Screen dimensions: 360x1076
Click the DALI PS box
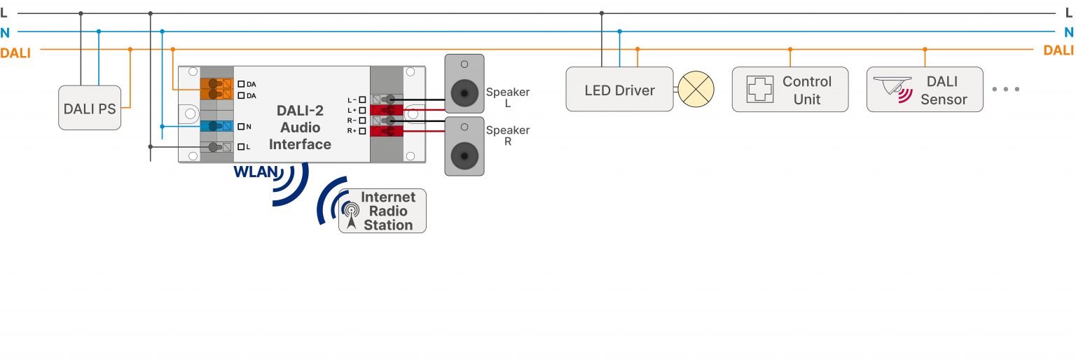pyautogui.click(x=90, y=108)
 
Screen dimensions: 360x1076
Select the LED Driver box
pyautogui.click(x=619, y=90)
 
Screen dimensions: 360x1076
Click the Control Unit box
pyautogui.click(x=789, y=90)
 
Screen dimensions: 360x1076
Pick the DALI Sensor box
pyautogui.click(x=924, y=90)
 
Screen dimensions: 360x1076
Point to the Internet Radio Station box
pyautogui.click(x=382, y=211)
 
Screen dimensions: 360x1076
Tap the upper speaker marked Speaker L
pyautogui.click(x=464, y=83)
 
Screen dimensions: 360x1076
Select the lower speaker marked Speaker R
pyautogui.click(x=464, y=146)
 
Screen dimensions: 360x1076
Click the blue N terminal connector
pyautogui.click(x=218, y=126)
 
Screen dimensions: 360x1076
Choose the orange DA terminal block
pyautogui.click(x=218, y=89)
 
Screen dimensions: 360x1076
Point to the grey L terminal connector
pyautogui.click(x=218, y=147)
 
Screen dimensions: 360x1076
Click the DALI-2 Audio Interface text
pyautogui.click(x=300, y=127)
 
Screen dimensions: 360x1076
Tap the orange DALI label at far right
pyautogui.click(x=1058, y=50)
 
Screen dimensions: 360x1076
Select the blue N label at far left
pyautogui.click(x=5, y=32)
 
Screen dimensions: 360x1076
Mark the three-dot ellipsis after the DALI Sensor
pyautogui.click(x=1006, y=90)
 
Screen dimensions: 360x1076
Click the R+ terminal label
pyautogui.click(x=352, y=131)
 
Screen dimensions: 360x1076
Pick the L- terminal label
pyautogui.click(x=352, y=100)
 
